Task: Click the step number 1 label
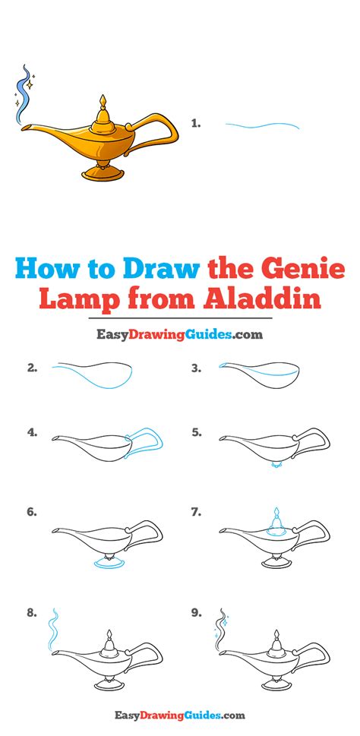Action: [196, 123]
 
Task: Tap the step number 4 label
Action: [33, 433]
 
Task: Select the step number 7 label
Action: [197, 513]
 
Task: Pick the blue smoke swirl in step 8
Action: [54, 629]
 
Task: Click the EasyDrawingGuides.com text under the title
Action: [179, 333]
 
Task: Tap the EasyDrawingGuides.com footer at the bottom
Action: [179, 715]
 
